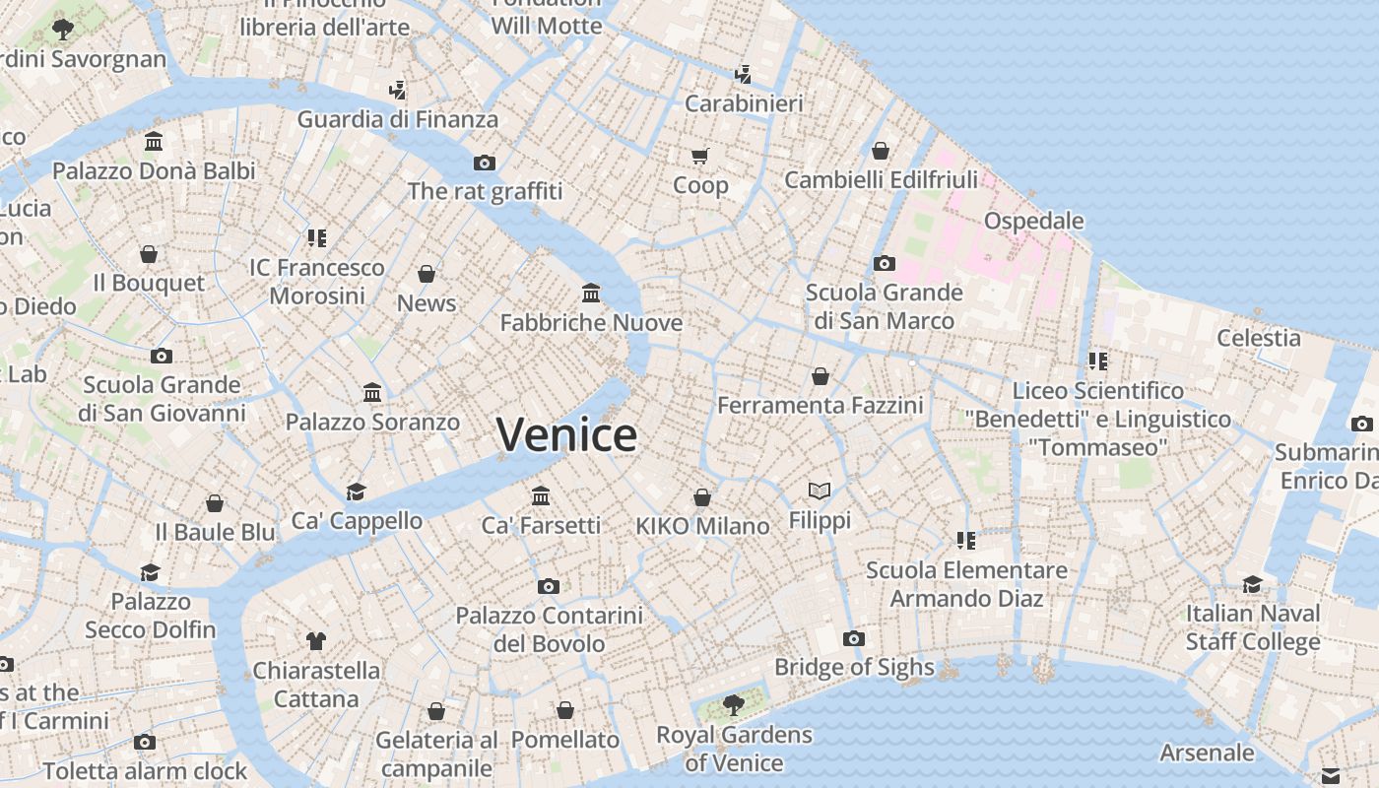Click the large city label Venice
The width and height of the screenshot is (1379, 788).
click(x=566, y=434)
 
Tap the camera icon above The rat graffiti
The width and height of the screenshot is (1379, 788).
click(x=484, y=163)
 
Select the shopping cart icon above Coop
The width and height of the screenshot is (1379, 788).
click(x=700, y=156)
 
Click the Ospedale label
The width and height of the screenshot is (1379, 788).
click(x=1033, y=221)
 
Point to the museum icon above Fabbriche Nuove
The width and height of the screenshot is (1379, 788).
click(x=591, y=293)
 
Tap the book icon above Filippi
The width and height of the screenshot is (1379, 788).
click(x=820, y=490)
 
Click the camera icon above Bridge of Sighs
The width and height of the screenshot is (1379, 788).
click(x=854, y=638)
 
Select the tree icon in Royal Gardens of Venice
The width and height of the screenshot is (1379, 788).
click(x=733, y=704)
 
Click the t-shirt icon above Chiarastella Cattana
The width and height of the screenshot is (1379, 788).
click(x=315, y=641)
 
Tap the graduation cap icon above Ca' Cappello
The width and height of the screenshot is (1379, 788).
click(x=356, y=491)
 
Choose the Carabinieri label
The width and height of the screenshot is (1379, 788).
click(x=744, y=103)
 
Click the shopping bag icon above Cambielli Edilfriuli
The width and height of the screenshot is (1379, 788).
click(x=881, y=151)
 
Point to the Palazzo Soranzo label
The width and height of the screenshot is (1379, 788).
click(x=372, y=423)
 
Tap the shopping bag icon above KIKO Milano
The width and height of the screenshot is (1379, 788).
click(x=702, y=497)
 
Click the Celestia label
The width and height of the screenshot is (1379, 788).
click(x=1258, y=338)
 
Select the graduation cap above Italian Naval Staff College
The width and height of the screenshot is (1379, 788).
click(x=1252, y=583)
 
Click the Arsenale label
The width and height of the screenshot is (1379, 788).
click(x=1207, y=754)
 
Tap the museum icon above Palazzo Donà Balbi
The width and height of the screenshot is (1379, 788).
click(x=154, y=142)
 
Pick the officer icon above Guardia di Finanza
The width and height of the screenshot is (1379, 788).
click(x=397, y=91)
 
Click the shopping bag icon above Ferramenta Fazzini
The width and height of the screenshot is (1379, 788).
click(x=821, y=376)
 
